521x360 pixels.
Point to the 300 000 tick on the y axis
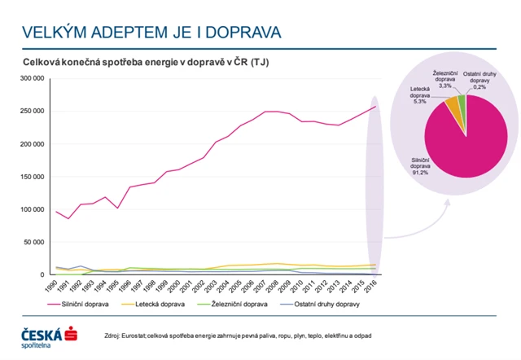pyautogui.click(x=31, y=79)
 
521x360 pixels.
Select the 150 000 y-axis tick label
pyautogui.click(x=31, y=177)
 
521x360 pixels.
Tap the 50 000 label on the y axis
pyautogui.click(x=33, y=242)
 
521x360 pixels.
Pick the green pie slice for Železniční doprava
pyautogui.click(x=462, y=100)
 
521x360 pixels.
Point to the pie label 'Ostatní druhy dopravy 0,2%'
pyautogui.click(x=481, y=78)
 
